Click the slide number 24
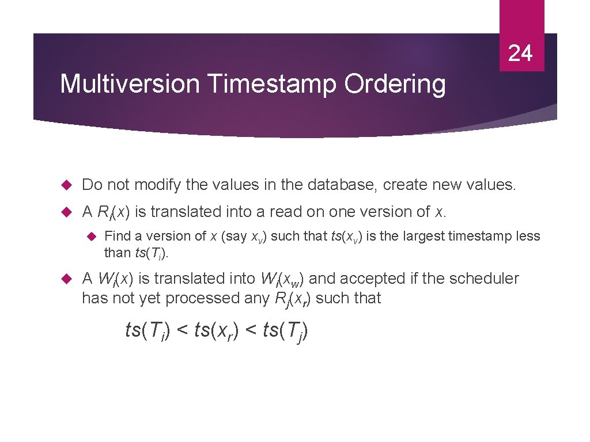pyautogui.click(x=520, y=53)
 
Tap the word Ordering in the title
pyautogui.click(x=395, y=84)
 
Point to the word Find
pyautogui.click(x=117, y=236)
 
